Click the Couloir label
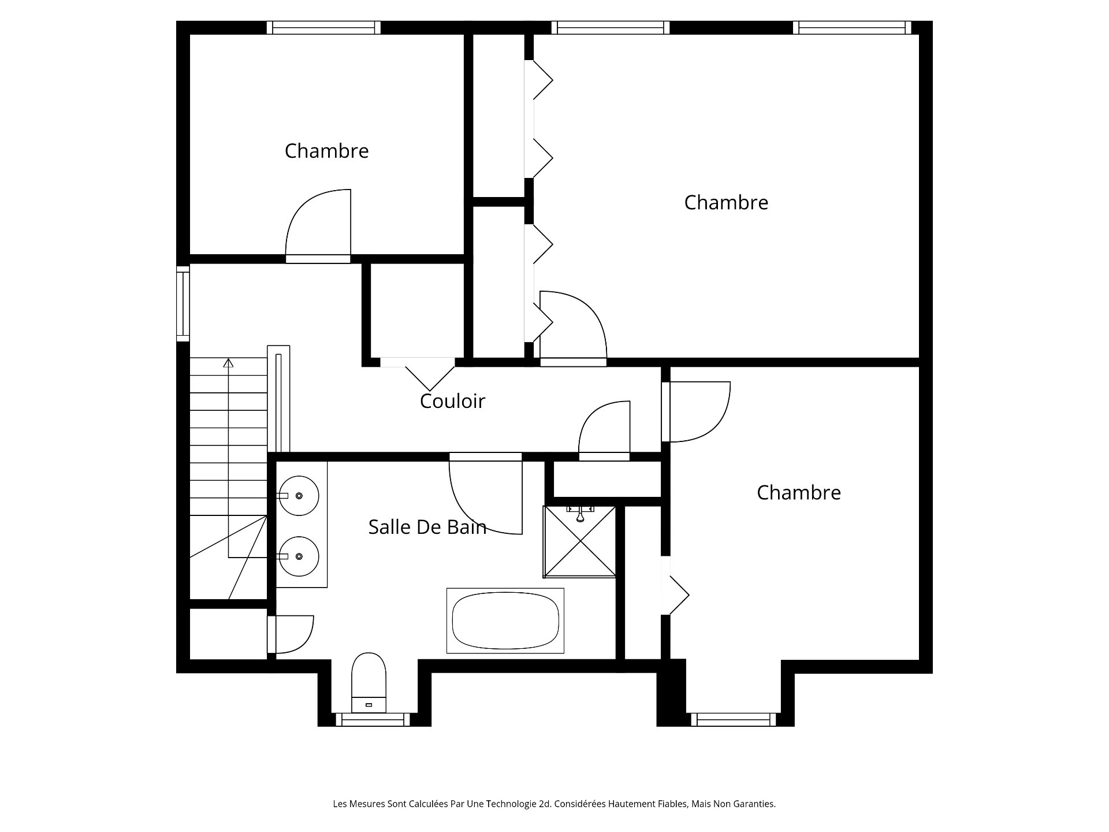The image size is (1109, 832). (x=452, y=401)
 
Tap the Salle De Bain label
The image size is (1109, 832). (x=427, y=527)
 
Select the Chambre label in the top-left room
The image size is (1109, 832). (x=326, y=151)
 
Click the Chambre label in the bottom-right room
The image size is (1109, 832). (x=799, y=492)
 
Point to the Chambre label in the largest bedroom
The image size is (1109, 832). (x=726, y=202)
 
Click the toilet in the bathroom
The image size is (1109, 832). (x=369, y=682)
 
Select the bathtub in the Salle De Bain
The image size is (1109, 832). (x=505, y=621)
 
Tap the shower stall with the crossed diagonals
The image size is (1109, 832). (x=579, y=542)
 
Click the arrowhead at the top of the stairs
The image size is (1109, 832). (x=229, y=363)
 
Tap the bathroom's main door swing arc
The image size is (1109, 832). (x=486, y=497)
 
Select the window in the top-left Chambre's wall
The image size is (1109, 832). (x=324, y=28)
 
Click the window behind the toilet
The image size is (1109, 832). (x=373, y=719)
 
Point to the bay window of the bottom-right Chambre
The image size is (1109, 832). (x=734, y=719)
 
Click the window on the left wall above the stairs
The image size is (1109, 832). (x=183, y=303)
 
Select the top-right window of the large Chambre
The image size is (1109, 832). (x=852, y=28)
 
